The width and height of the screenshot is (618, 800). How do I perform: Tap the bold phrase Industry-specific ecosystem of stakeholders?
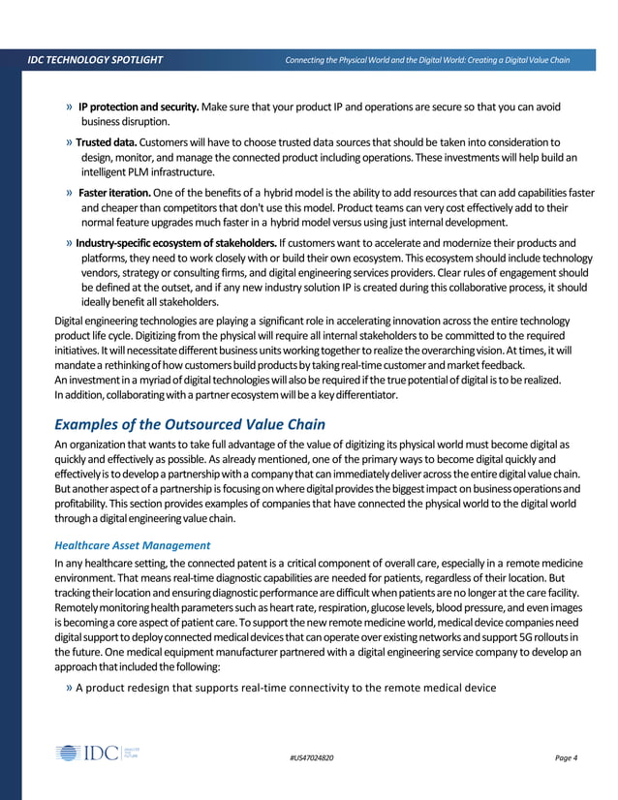tap(175, 242)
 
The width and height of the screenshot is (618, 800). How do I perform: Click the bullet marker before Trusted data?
tap(69, 143)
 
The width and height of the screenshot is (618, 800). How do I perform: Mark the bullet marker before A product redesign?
tap(69, 688)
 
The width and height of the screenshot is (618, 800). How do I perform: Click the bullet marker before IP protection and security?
tap(69, 107)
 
